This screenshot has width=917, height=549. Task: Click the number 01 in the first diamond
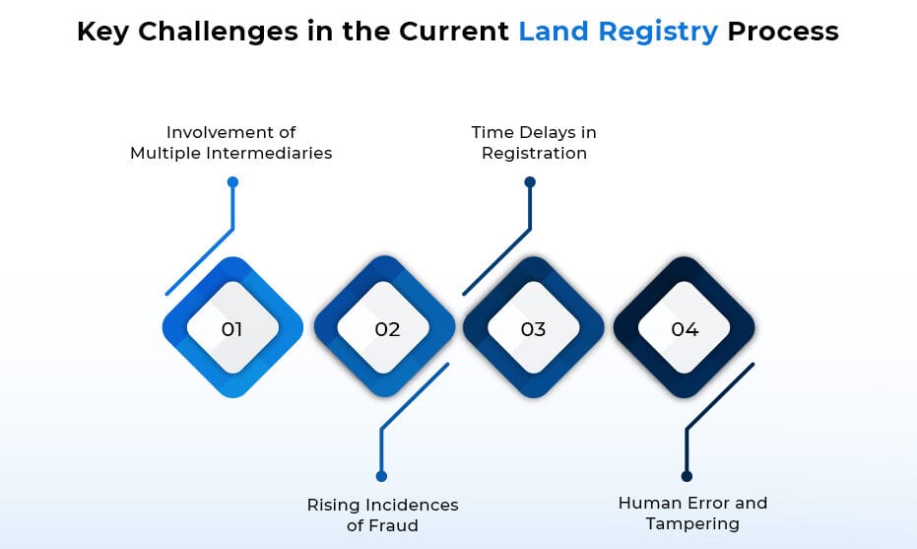point(232,329)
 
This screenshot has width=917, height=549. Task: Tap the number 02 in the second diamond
point(387,329)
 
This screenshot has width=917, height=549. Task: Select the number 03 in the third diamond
point(533,329)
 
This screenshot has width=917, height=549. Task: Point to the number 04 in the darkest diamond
point(685,329)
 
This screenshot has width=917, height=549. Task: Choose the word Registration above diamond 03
point(534,153)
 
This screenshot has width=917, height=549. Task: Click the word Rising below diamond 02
point(333,505)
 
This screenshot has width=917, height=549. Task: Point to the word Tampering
point(692,523)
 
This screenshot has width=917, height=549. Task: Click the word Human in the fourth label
point(646,503)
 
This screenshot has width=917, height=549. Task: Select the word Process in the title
point(783,32)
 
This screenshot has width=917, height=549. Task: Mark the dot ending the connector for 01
point(232,182)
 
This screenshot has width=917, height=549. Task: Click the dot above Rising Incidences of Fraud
point(382,476)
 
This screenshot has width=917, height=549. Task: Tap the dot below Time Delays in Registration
point(530,182)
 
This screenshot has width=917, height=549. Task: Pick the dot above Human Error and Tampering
point(687,476)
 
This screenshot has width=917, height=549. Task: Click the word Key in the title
point(103,32)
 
